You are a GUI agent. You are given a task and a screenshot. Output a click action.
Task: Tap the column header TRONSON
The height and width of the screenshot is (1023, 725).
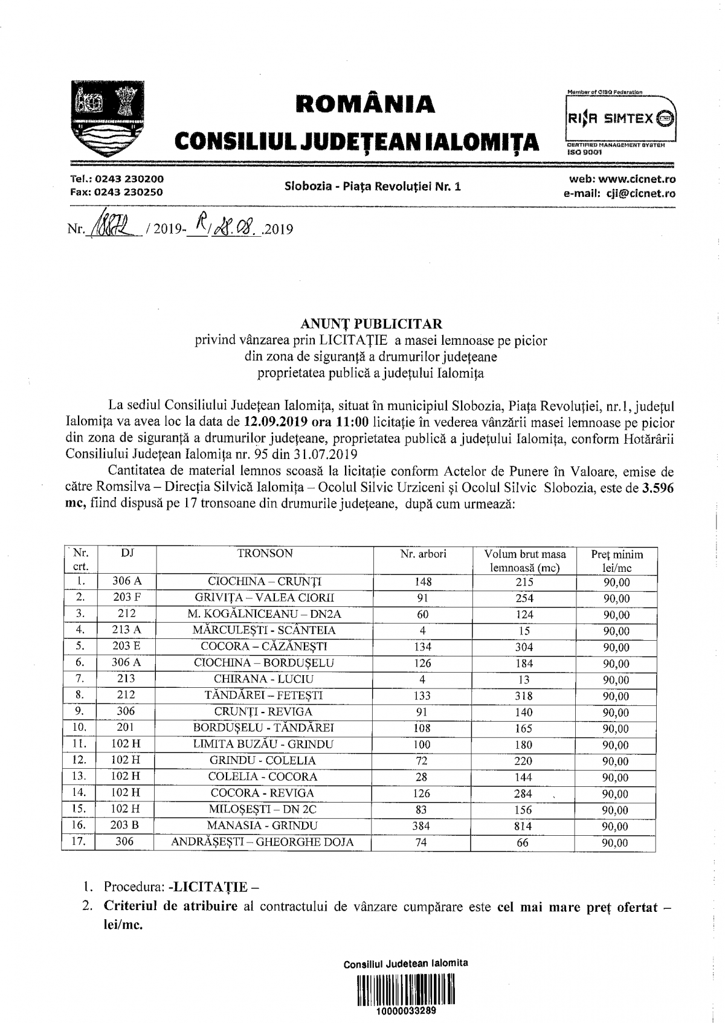point(265,554)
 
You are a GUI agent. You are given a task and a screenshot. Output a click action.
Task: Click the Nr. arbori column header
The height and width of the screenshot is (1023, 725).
point(423,554)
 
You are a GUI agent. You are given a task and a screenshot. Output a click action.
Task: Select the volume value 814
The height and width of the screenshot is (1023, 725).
point(524,826)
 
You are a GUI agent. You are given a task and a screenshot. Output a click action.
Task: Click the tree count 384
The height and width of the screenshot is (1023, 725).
point(423,826)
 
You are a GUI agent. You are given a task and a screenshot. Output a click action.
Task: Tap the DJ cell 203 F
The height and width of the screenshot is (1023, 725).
point(127,597)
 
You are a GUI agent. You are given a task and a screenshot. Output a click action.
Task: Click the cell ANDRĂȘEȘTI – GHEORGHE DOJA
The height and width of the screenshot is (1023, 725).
point(262,842)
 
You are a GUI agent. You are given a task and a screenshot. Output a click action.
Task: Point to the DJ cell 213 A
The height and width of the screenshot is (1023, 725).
point(127,630)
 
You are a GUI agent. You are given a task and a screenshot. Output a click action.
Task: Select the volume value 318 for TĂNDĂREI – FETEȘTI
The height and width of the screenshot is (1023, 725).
point(524,695)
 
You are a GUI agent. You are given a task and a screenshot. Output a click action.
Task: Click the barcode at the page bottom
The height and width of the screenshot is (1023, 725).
point(405,989)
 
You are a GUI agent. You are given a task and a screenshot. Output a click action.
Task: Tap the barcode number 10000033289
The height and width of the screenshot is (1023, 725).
point(405,1011)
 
